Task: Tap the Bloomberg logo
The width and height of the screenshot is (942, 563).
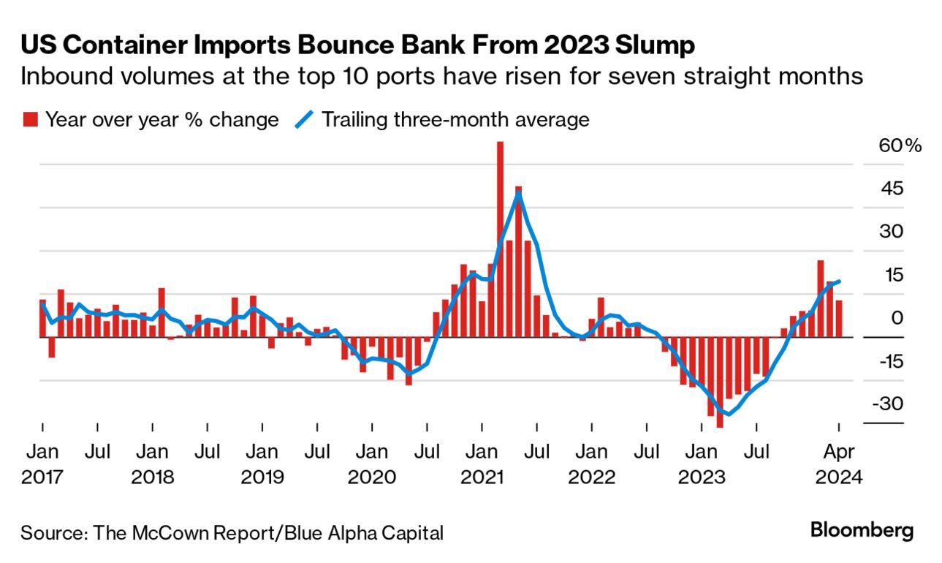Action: [862, 531]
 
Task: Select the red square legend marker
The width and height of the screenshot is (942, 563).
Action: [30, 119]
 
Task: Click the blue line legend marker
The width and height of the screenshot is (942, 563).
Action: [303, 119]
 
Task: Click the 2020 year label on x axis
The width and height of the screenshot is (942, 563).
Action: [373, 477]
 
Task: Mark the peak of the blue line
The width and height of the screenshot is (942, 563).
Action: [518, 192]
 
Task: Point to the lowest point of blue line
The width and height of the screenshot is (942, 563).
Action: [729, 414]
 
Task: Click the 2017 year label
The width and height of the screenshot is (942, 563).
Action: [42, 477]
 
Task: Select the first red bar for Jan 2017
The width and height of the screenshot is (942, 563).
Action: [42, 318]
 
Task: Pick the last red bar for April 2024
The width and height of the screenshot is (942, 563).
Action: [839, 319]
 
